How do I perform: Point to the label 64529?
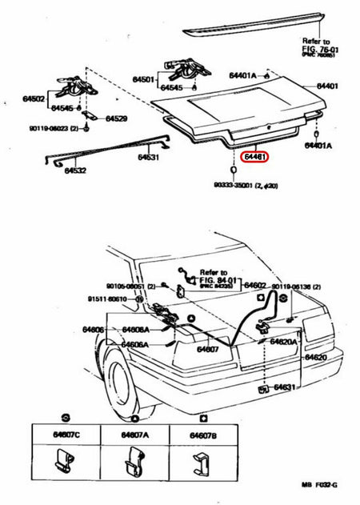[x=118, y=118]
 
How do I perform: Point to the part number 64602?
[x=254, y=286]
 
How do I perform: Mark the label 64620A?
[x=285, y=341]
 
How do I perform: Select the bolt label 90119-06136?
[x=294, y=286]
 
